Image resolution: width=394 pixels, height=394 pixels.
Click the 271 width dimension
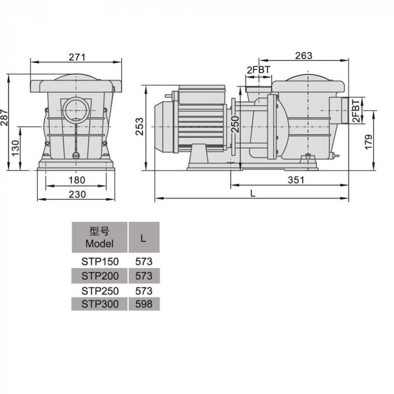(77, 57)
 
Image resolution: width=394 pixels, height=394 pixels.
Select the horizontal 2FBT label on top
(258, 70)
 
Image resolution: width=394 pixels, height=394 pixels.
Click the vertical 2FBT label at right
(356, 110)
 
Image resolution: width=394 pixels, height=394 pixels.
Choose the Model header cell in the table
(100, 237)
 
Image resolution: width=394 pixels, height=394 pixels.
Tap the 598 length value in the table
(144, 304)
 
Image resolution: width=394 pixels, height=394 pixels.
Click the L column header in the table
(144, 237)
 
